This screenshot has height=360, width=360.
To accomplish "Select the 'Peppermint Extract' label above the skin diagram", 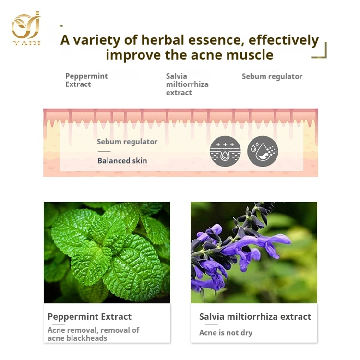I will click(86, 80).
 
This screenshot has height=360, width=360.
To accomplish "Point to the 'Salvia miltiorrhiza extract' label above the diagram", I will click(187, 84).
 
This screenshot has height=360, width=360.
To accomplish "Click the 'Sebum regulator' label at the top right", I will click(272, 76).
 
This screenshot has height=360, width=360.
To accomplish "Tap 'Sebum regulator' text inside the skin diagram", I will click(127, 142).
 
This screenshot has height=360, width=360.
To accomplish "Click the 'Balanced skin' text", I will click(122, 160).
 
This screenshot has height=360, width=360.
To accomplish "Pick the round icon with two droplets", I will click(263, 151).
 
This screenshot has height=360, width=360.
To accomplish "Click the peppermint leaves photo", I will click(107, 252).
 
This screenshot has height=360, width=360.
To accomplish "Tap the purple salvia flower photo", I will click(253, 252).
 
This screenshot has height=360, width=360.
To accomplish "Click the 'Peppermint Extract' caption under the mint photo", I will click(89, 317).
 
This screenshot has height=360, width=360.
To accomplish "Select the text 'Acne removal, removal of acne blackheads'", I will click(93, 334).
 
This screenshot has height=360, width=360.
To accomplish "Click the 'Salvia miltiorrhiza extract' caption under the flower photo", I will click(255, 317).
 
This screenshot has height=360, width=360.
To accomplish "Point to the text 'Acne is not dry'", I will click(226, 333).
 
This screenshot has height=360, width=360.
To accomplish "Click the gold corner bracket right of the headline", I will click(321, 52).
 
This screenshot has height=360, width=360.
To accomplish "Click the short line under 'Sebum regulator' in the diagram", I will click(104, 151).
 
